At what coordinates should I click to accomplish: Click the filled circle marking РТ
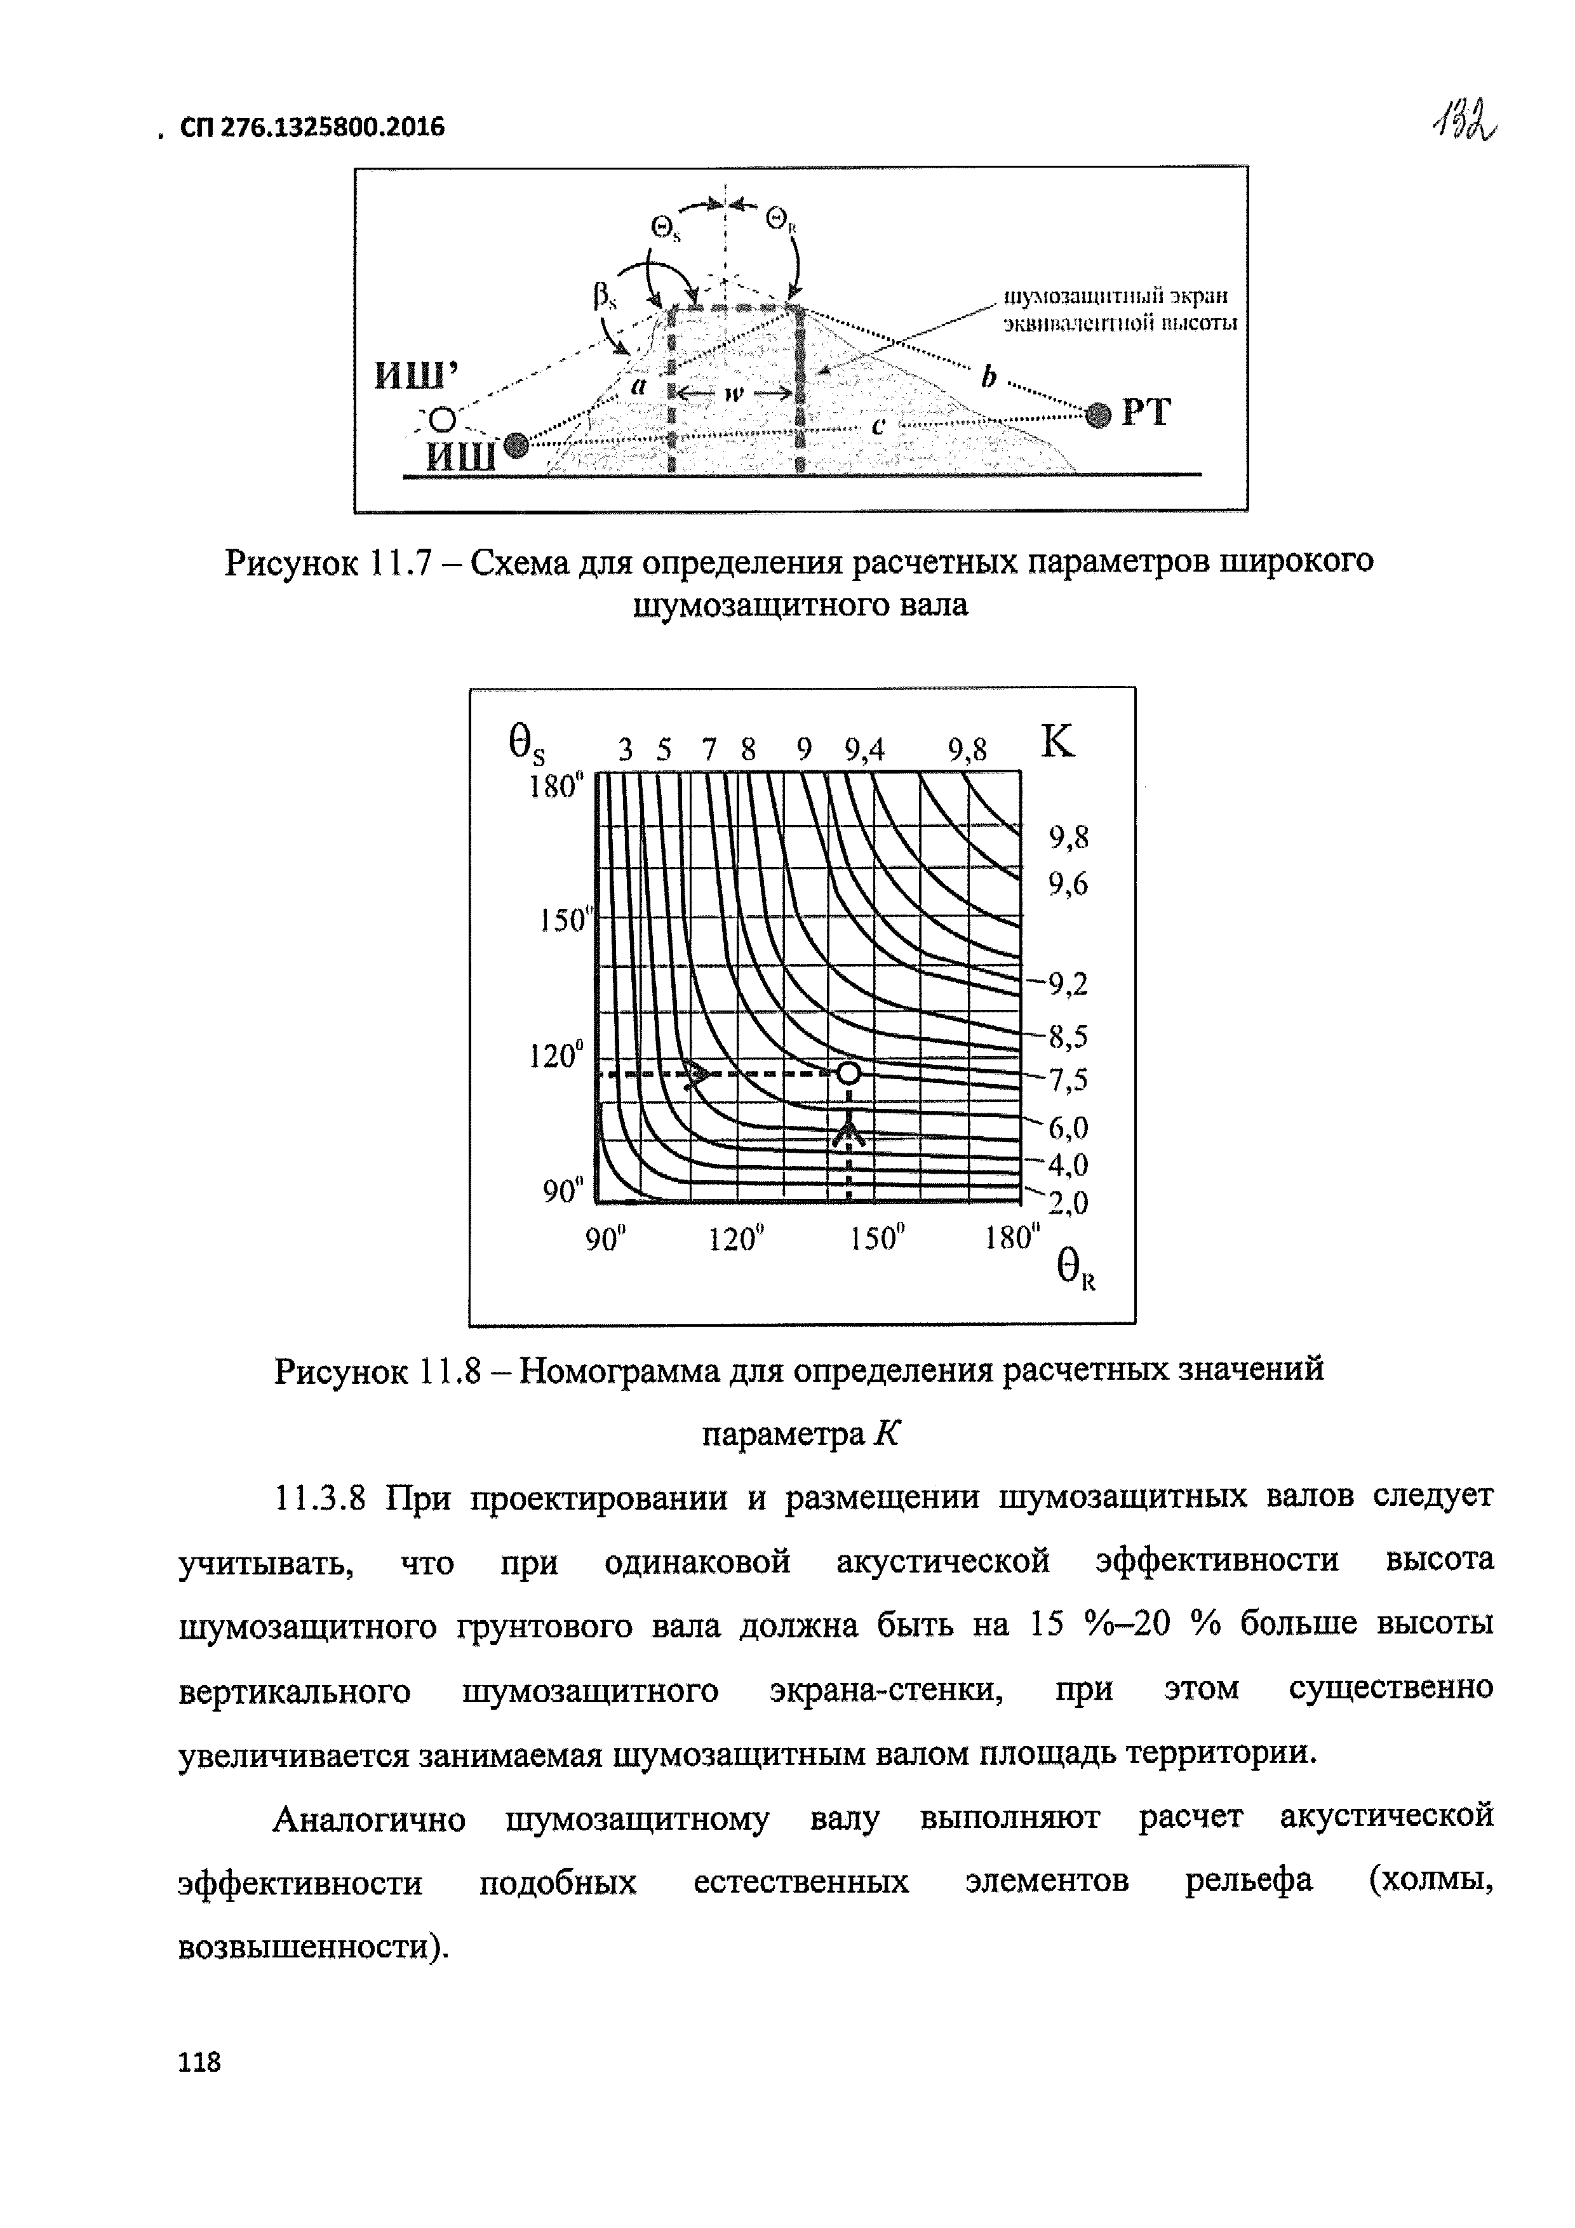coord(1097,414)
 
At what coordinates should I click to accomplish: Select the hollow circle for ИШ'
coord(443,419)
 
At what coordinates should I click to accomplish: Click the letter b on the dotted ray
coord(988,377)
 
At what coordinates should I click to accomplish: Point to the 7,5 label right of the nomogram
coord(1068,1079)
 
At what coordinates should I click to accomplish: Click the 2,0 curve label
coord(1068,1204)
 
